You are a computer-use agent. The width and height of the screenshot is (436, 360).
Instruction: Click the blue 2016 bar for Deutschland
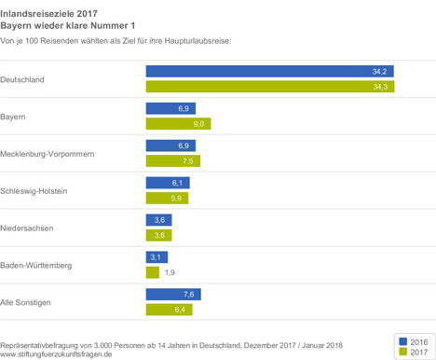coord(270,71)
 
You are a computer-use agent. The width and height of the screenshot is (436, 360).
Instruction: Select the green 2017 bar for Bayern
coord(178,124)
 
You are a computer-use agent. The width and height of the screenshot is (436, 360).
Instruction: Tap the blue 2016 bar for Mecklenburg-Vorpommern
coord(170,145)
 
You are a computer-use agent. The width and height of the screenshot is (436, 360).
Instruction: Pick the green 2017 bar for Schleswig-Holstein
coord(167,198)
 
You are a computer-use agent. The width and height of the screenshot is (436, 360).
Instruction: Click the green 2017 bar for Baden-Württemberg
coord(153,272)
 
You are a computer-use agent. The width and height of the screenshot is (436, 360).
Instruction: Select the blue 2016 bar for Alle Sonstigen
coord(173,294)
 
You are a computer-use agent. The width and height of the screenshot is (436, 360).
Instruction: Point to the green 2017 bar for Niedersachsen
coord(158,235)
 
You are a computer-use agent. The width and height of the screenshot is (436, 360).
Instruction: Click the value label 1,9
coord(170,272)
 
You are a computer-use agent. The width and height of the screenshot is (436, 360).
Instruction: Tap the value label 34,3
coord(380,87)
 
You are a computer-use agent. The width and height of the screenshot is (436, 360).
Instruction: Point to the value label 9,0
coord(198,124)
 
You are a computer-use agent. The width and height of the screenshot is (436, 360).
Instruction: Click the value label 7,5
coord(188,161)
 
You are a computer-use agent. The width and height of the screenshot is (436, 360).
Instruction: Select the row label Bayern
coord(13,118)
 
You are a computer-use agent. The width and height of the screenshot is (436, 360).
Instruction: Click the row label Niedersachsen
coord(27,228)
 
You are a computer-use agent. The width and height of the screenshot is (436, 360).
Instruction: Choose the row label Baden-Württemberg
coord(35,265)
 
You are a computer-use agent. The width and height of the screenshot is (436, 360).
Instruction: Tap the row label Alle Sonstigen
coord(25,302)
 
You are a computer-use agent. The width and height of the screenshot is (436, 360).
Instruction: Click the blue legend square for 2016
coord(402,341)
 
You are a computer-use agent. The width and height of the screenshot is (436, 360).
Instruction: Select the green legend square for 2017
coord(402,352)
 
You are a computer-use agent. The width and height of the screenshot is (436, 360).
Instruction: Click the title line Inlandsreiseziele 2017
coord(48,14)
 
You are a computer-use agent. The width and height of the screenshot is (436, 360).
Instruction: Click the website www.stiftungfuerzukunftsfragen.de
coord(56,354)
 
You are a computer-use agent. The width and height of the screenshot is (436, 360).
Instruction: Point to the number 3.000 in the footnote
coord(102,345)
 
